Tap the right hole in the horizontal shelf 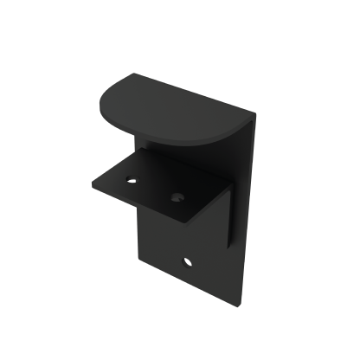point(177,197)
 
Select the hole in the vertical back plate point(188,260)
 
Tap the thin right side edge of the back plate point(246,216)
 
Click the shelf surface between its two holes point(154,188)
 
